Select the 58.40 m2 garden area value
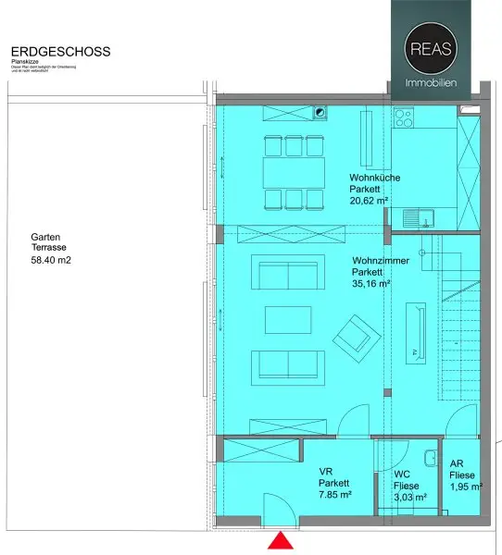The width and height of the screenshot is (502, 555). pos(51,262)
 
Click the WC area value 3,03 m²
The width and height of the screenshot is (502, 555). pos(409,497)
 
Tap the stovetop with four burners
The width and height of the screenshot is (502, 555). pos(404,118)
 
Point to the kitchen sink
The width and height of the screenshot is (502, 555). pos(422,217)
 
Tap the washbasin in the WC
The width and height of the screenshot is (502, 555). pos(429,459)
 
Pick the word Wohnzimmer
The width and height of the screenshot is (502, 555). pos(377,261)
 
